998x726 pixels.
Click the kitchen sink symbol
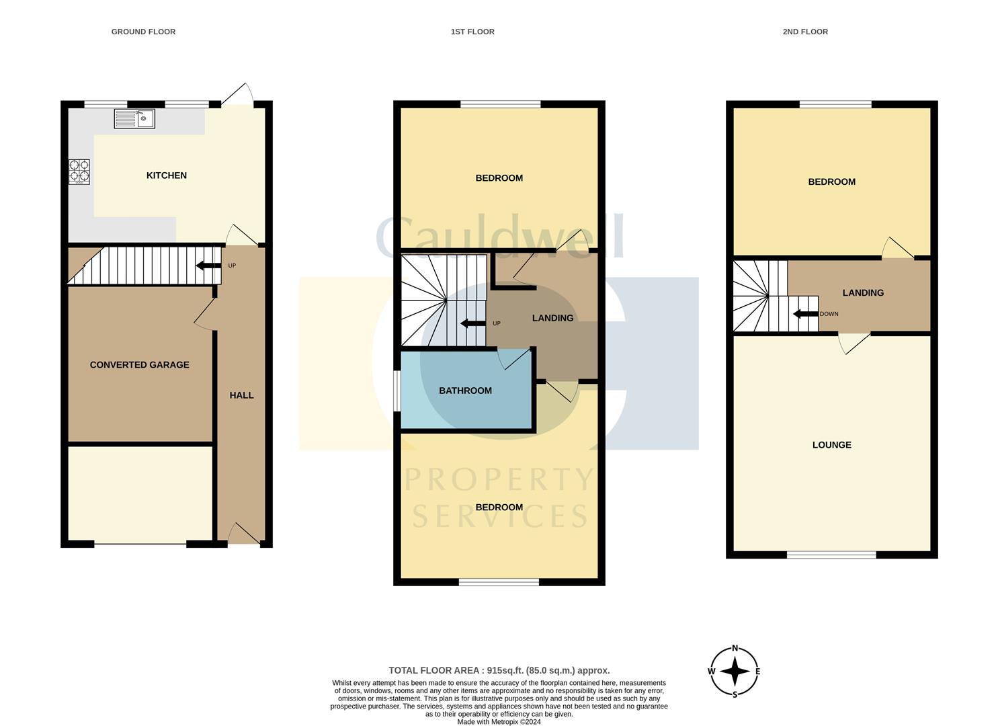(134, 119)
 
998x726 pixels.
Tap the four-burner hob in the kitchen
(79, 171)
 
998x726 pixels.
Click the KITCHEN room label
(167, 175)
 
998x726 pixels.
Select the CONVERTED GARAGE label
(140, 365)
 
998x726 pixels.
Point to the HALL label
(242, 395)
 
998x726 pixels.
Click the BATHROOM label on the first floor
(465, 391)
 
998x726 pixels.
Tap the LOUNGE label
(831, 445)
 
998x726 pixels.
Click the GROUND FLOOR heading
(143, 32)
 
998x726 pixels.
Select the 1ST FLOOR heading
(472, 32)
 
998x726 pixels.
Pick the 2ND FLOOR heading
(805, 32)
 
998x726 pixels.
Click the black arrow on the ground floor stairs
(208, 266)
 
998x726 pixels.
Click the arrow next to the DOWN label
(805, 314)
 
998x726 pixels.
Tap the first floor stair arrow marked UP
(473, 323)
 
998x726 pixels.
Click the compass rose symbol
(735, 671)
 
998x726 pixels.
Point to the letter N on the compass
(735, 649)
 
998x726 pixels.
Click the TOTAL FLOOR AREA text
(499, 670)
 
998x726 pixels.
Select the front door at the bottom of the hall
(243, 534)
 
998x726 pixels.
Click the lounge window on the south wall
(831, 555)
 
